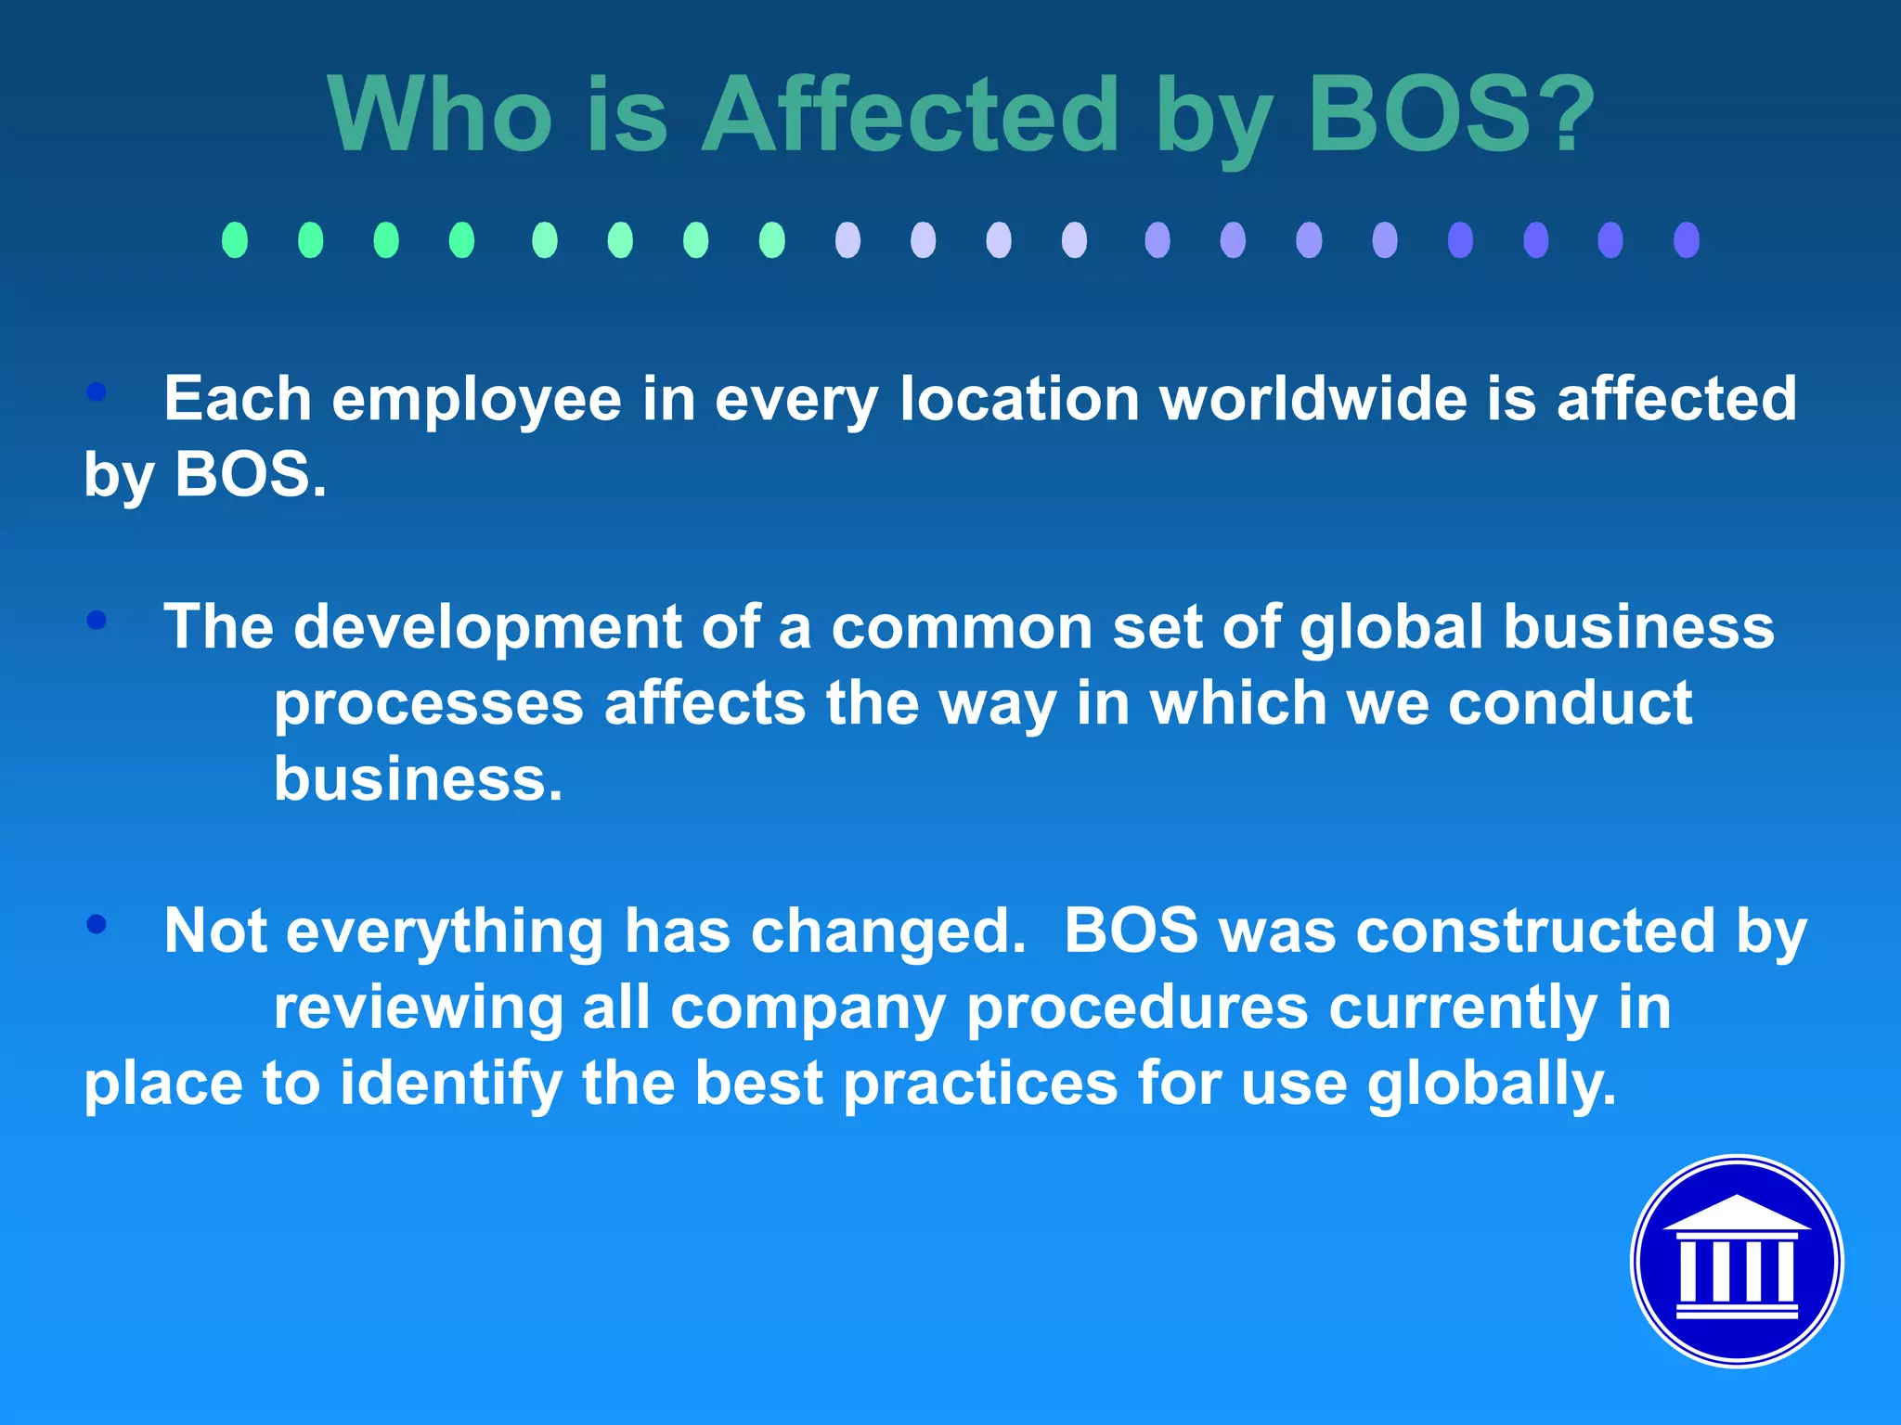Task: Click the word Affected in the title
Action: coord(910,115)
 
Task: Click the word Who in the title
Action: coord(440,115)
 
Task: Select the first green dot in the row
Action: coord(235,239)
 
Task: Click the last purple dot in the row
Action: coord(1686,239)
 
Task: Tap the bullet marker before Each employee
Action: coord(97,392)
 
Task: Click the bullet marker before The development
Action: coord(97,620)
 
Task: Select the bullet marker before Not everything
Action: coord(97,924)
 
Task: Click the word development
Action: coord(487,628)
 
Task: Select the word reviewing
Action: coord(418,1008)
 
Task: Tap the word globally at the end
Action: coord(1491,1084)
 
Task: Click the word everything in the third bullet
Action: coord(445,932)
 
